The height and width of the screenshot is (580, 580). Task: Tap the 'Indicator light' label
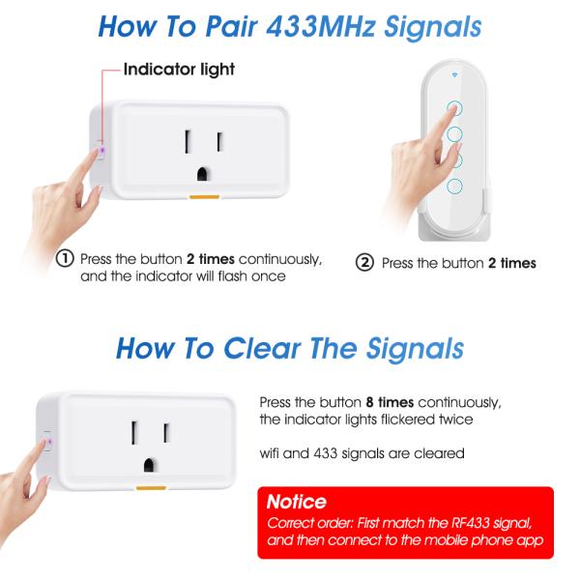178,70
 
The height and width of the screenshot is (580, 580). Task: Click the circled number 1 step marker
66,259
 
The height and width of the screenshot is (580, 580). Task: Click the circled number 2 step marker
365,262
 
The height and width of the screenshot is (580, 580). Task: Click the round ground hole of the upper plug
204,175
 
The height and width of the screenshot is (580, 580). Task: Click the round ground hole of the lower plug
150,456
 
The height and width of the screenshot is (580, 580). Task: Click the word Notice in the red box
296,504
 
